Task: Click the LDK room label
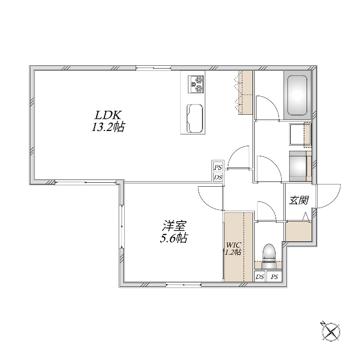(108, 115)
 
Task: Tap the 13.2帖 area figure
(108, 127)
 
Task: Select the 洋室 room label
(174, 226)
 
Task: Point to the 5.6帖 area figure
(174, 238)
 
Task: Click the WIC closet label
(233, 244)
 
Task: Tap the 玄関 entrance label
(299, 200)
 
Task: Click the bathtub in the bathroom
(298, 95)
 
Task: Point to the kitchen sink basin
(195, 119)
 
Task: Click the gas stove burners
(196, 84)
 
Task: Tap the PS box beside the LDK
(218, 168)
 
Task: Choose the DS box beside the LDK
(218, 177)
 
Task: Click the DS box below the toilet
(260, 276)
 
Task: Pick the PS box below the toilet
(274, 276)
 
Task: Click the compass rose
(331, 331)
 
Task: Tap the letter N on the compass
(323, 324)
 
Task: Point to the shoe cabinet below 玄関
(299, 231)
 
